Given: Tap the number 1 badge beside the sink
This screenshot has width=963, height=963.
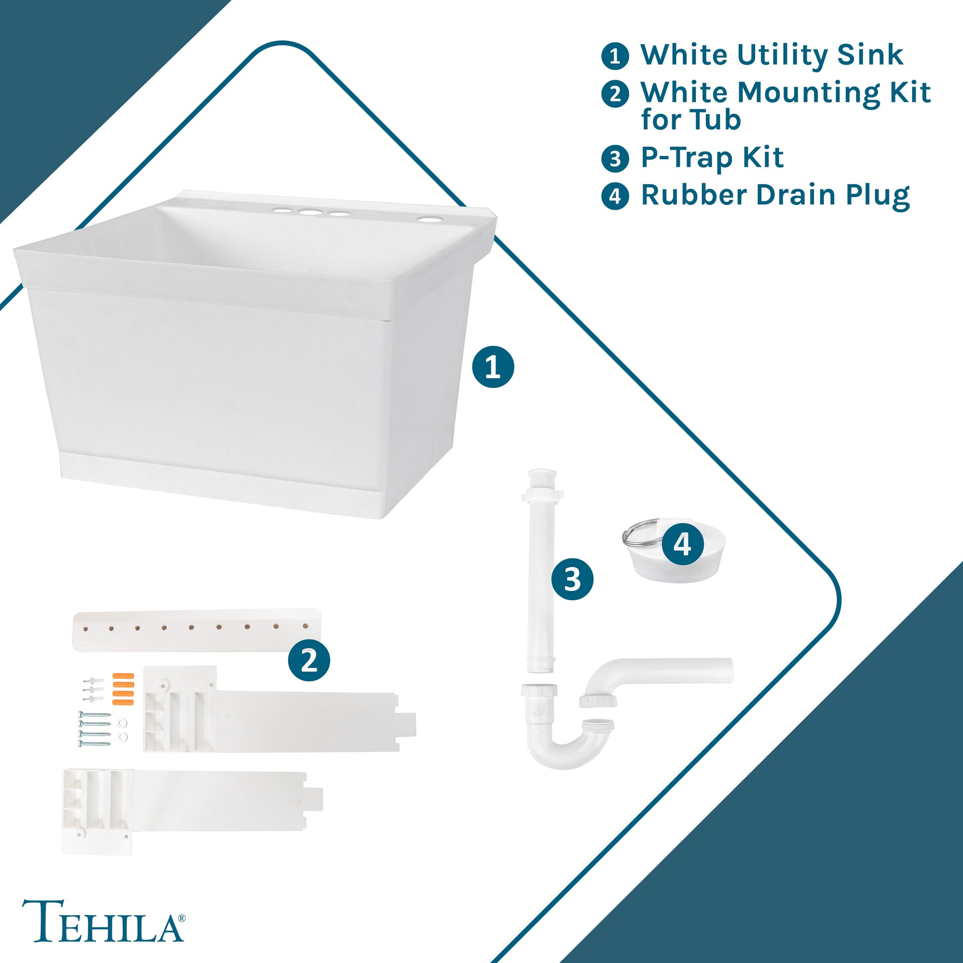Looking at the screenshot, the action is pos(493,367).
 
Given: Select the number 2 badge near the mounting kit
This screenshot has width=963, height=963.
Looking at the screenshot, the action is pos(309,661).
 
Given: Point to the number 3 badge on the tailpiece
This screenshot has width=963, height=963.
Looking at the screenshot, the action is pos(572,579).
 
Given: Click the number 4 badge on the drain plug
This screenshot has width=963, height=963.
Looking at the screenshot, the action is pos(683,544).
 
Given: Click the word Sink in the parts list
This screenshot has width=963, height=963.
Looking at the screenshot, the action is pos(870,54).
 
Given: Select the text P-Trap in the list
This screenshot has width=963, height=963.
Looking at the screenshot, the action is pos(687,157).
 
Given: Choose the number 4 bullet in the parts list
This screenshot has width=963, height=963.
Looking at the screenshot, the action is pos(615,195).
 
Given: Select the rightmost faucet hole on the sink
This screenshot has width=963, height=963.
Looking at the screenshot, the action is pos(427,219).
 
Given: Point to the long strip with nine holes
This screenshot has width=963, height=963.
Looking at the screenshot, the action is pos(197,629).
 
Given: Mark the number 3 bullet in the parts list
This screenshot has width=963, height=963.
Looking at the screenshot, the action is pos(615,158).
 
